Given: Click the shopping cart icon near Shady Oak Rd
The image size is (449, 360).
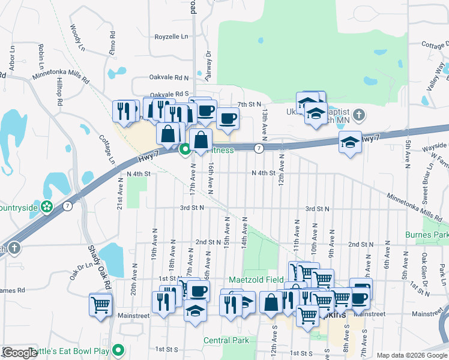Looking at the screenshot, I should [x=100, y=304].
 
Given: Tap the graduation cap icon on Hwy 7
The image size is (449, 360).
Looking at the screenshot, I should [x=350, y=142].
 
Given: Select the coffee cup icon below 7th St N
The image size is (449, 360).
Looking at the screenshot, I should [x=228, y=118].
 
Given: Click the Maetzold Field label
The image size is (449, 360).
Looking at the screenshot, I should [x=256, y=280].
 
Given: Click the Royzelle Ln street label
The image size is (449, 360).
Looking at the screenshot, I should [x=171, y=37].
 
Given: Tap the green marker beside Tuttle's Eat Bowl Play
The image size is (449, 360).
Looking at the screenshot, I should [x=119, y=349].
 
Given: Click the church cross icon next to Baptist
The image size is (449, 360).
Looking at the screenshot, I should [x=358, y=114].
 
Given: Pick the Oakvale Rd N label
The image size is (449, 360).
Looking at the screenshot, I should [x=169, y=78].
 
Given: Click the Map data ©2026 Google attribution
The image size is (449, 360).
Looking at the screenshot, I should [x=412, y=355].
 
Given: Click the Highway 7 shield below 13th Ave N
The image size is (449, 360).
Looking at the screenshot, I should [x=259, y=148].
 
